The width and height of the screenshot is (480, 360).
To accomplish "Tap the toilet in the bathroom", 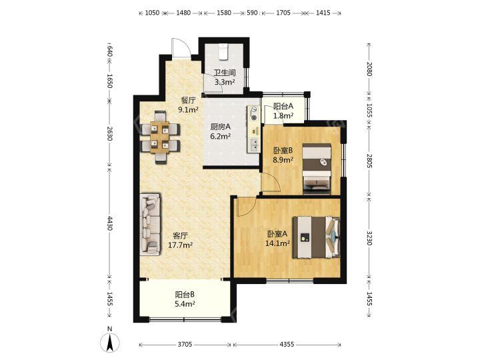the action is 223,51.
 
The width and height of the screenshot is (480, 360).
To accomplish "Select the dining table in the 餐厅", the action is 159,137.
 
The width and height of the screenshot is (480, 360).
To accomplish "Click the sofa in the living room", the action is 150,225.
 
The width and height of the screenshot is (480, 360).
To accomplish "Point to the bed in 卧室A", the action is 316,237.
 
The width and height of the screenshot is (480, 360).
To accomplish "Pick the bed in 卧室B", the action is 317,169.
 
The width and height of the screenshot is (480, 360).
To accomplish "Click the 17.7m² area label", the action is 180,245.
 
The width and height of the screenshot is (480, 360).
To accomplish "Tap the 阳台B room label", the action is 185,295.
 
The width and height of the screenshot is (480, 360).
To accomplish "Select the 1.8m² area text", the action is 283,115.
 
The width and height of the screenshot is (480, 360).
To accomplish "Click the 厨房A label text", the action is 221,127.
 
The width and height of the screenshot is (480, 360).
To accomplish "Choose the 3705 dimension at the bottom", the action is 185,345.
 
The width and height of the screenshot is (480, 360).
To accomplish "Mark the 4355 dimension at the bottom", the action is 287,345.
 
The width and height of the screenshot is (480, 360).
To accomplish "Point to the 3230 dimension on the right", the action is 369,238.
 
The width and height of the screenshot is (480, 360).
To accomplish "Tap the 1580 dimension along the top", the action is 224,13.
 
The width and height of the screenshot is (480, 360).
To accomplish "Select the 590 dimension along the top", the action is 252,13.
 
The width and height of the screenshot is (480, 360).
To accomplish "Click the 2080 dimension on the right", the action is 369,69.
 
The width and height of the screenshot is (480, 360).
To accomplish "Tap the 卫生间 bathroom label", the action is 225,73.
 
